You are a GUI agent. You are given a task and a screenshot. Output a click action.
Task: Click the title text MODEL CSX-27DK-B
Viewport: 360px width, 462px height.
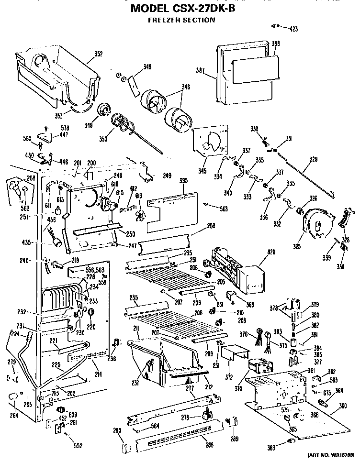point(180,8)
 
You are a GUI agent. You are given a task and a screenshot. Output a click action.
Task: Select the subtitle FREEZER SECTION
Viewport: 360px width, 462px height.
point(180,20)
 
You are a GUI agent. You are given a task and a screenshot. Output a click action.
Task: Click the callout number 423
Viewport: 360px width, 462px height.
point(293,29)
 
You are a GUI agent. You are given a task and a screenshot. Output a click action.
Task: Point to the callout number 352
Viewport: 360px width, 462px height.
point(98,54)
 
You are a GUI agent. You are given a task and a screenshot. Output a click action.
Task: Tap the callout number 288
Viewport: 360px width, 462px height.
point(209,445)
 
